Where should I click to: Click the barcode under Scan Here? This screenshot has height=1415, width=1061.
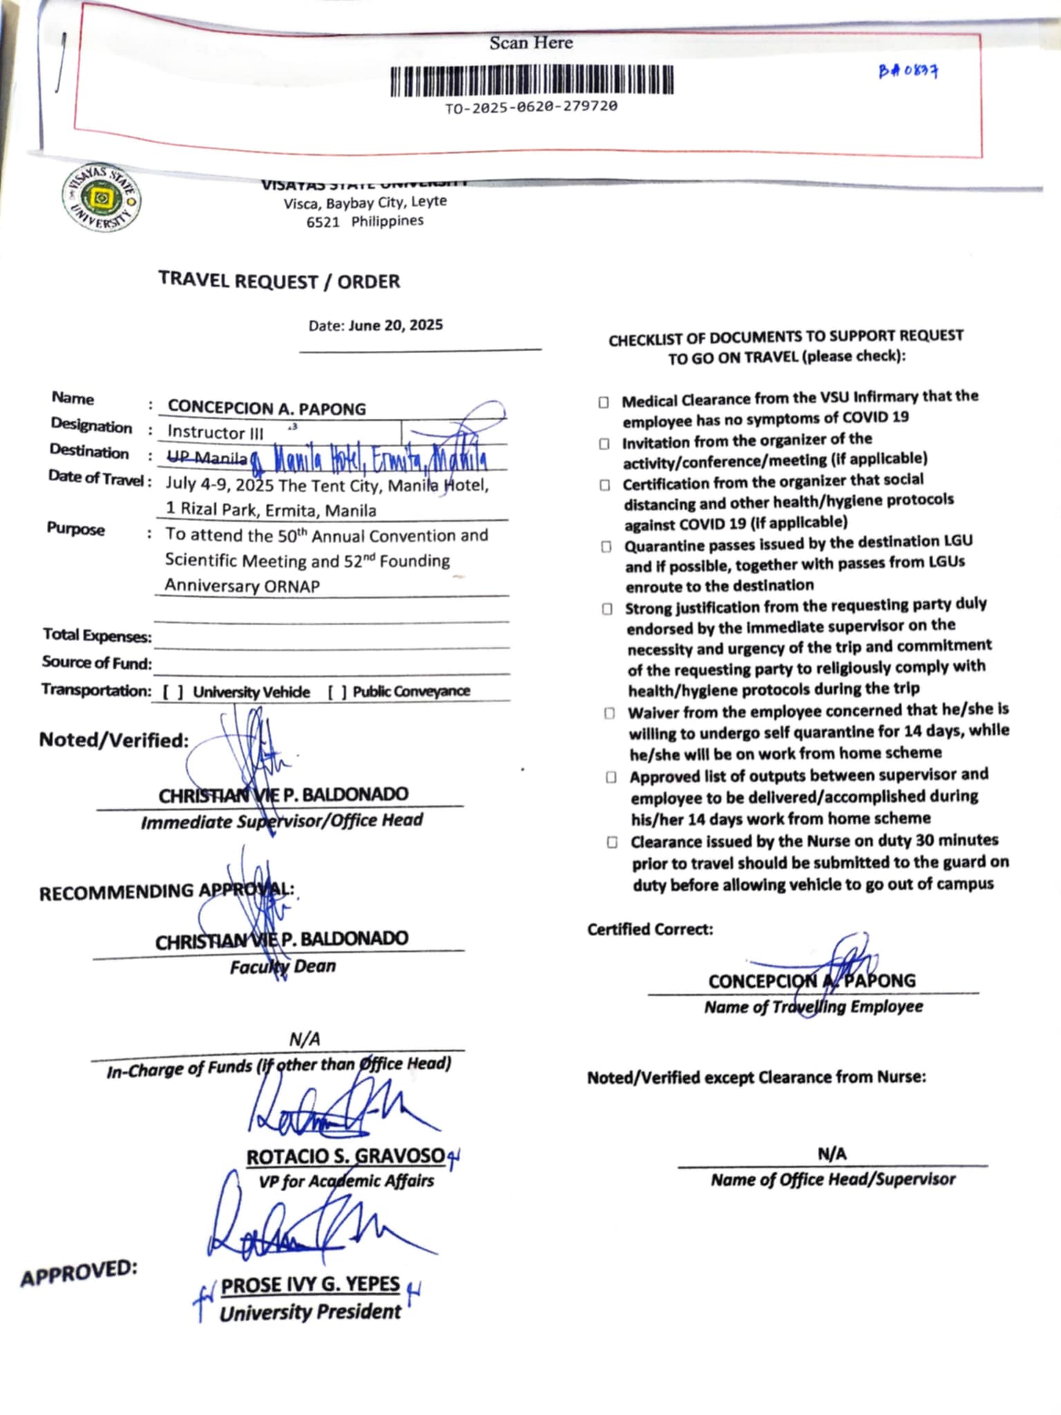[531, 80]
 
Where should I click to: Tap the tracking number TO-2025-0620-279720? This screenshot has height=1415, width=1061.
[531, 107]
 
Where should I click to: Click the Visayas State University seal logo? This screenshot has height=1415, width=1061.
[102, 199]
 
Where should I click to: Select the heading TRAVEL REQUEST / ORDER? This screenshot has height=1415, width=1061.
[279, 281]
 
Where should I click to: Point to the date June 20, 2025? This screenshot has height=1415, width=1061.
[395, 325]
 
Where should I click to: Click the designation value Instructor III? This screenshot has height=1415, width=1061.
[216, 433]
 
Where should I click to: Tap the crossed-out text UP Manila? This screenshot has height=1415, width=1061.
[207, 458]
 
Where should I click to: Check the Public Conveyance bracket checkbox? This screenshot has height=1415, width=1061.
[337, 692]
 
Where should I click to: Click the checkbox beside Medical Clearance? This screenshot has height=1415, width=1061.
[604, 402]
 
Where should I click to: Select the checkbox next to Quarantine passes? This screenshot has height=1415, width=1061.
[606, 547]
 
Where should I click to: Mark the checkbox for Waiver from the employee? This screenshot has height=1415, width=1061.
[609, 713]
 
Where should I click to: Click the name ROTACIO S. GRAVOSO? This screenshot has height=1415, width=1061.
[345, 1157]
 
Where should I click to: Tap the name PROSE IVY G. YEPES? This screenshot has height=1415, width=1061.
[310, 1284]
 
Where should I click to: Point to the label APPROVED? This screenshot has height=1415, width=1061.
[79, 1273]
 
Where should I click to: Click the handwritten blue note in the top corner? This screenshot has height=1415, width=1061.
[908, 70]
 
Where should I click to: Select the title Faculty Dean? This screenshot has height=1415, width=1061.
[283, 966]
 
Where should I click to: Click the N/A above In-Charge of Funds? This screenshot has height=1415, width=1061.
[305, 1038]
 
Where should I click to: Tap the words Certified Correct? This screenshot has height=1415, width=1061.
[650, 929]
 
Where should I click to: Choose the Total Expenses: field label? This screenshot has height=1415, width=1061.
[97, 635]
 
